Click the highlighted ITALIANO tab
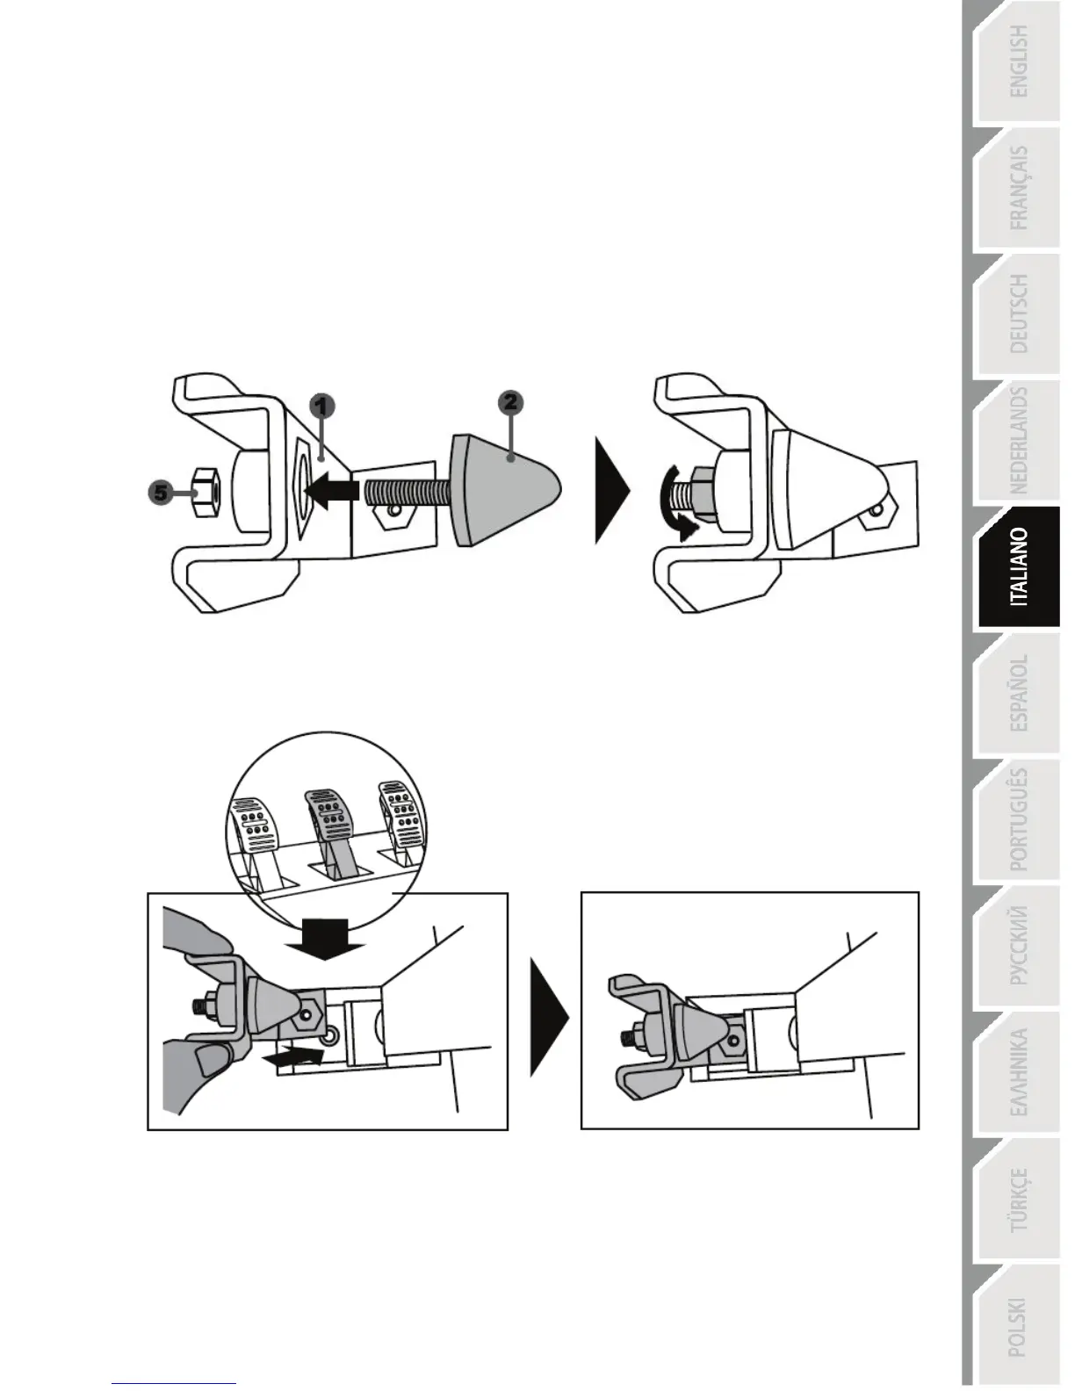pyautogui.click(x=1018, y=567)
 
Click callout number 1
pyautogui.click(x=323, y=406)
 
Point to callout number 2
pyautogui.click(x=510, y=402)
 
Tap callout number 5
pyautogui.click(x=160, y=493)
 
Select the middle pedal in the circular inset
pyautogui.click(x=328, y=825)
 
